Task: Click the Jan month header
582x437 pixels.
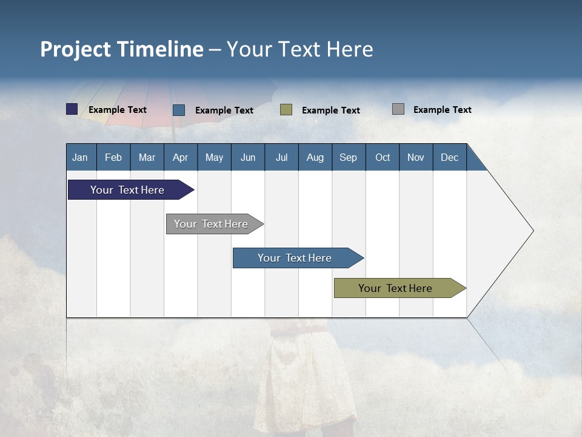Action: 81,157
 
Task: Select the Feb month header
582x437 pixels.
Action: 113,157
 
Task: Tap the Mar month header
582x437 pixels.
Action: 147,157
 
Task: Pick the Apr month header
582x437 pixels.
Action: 181,157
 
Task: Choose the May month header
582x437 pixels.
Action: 214,157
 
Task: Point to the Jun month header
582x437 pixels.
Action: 248,157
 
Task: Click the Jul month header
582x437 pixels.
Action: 281,157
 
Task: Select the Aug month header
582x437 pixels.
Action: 315,157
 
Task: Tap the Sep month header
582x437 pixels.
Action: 349,157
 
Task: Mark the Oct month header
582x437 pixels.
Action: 383,157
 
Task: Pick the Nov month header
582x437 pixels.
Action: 416,157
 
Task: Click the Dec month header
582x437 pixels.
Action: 450,157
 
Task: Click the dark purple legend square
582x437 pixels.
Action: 72,109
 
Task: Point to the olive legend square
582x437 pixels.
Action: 286,109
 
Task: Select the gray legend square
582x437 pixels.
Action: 398,109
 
